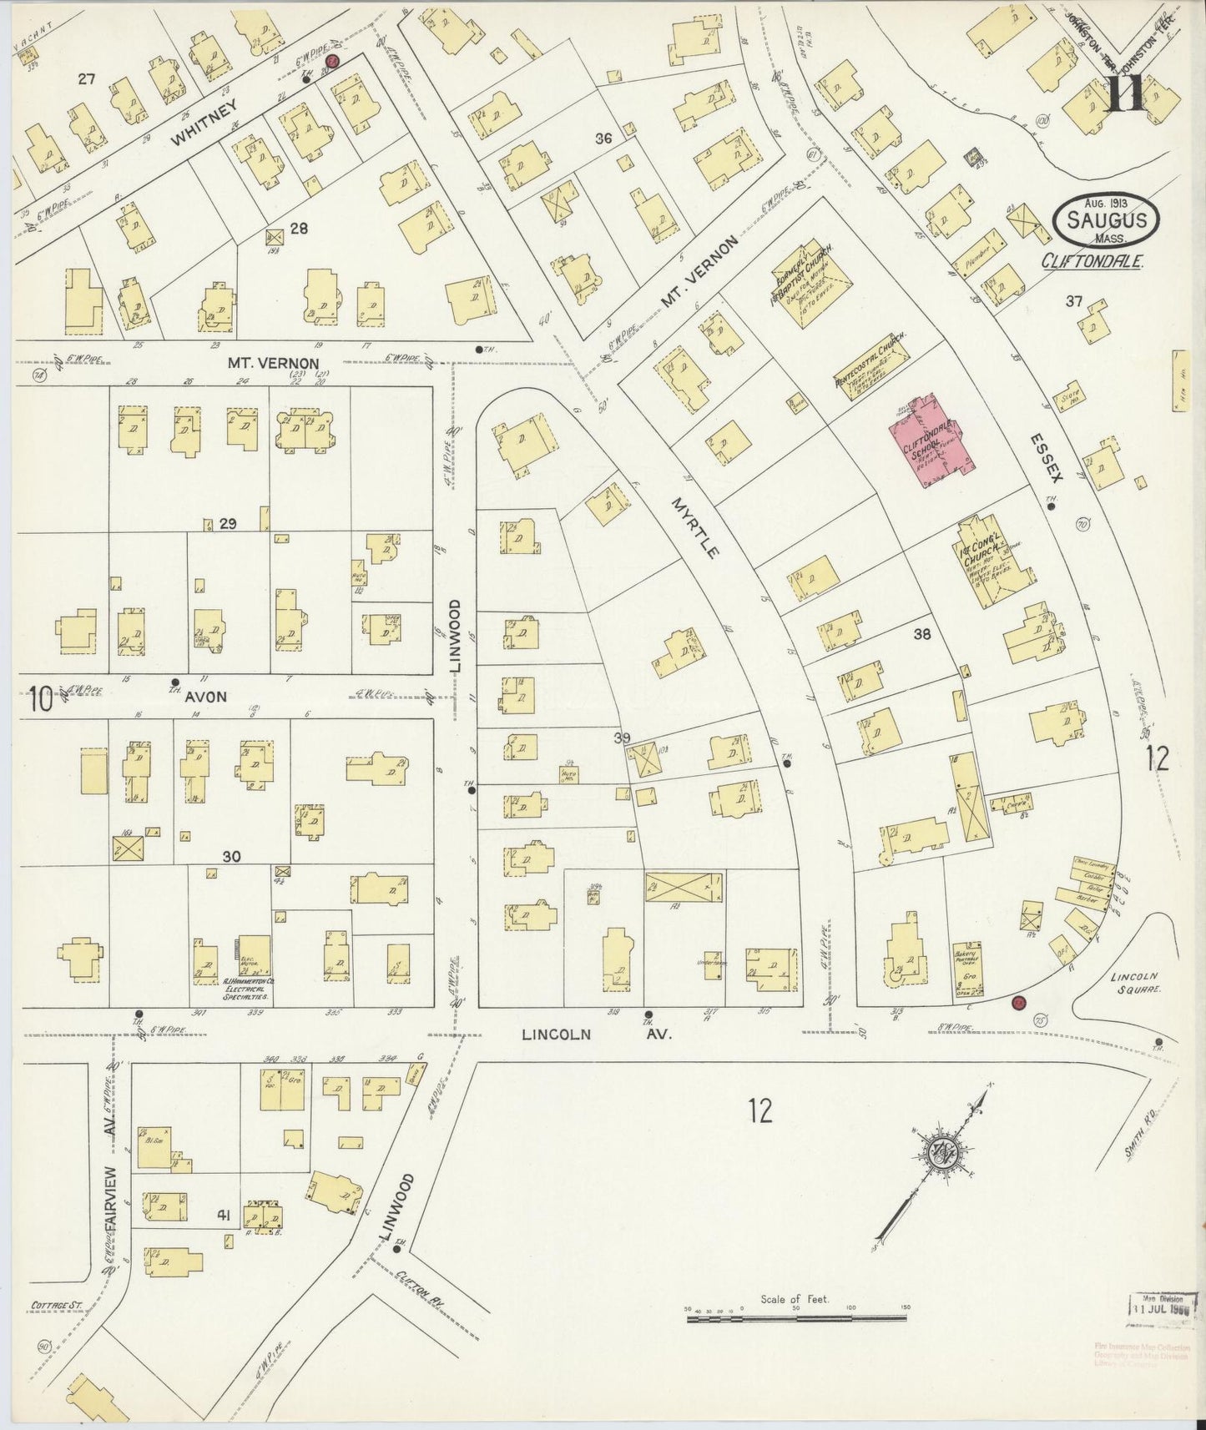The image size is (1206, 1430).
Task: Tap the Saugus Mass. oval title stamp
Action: (x=1106, y=220)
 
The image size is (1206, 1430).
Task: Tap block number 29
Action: (x=228, y=524)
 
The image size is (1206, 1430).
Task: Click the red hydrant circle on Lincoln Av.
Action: (x=1017, y=1002)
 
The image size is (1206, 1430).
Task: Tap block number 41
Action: (x=223, y=1217)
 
